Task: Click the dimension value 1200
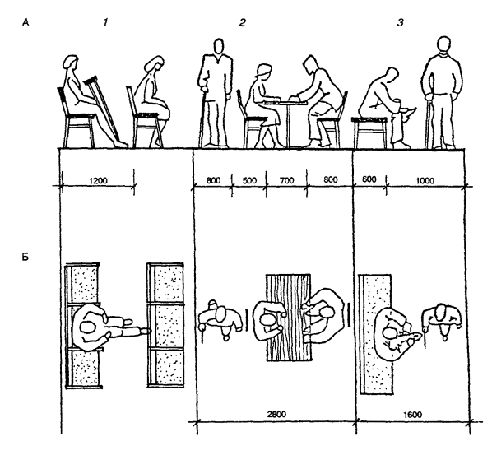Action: coord(98,181)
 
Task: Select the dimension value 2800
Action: coord(276,414)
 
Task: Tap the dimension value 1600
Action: coord(412,415)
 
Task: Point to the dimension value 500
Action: coord(249,181)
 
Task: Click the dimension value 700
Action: coord(287,181)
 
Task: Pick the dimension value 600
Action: coord(369,179)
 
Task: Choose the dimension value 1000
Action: coord(425,181)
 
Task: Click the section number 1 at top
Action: coord(106,22)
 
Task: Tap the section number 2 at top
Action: coord(242,22)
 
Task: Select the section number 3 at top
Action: coord(401,22)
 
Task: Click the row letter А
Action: coord(26,22)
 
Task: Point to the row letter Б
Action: coord(26,257)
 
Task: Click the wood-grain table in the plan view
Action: coord(288,318)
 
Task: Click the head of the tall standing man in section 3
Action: coord(443,46)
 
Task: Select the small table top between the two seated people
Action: coord(285,102)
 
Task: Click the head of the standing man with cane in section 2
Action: coord(218,47)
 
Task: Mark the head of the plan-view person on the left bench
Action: coord(88,327)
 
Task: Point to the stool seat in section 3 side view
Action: coord(369,119)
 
